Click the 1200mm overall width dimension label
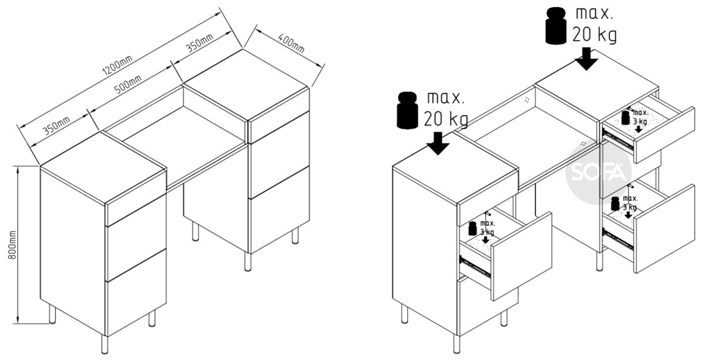click(117, 66)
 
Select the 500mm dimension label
click(127, 84)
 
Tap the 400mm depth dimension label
click(291, 43)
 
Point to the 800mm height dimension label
click(12, 245)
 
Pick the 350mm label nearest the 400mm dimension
click(199, 43)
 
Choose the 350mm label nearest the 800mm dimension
click(56, 126)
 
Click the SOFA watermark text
click(598, 171)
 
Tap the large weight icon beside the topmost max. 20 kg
click(556, 26)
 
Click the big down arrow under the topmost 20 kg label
click(586, 59)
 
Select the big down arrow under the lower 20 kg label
click(438, 143)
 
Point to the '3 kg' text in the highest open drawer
click(640, 122)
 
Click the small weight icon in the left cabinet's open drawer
click(472, 228)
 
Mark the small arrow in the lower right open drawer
click(628, 215)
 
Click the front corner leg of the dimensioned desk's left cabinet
click(105, 344)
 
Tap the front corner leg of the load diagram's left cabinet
click(457, 344)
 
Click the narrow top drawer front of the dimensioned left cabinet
click(136, 198)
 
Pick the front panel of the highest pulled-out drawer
click(664, 135)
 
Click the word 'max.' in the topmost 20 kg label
click(595, 14)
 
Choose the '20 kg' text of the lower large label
click(446, 119)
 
